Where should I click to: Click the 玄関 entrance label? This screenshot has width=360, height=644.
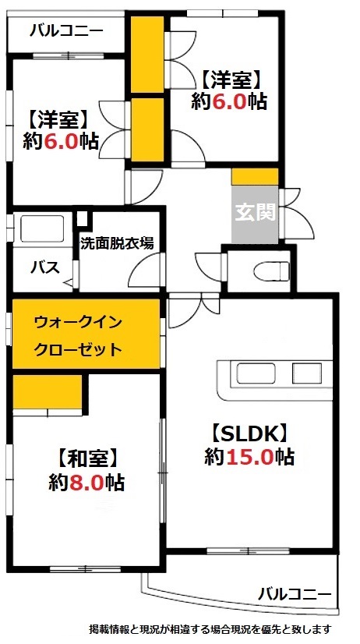coord(253,212)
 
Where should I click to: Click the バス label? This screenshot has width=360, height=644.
coord(44,267)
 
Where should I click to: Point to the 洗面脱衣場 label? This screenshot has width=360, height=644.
coord(117,242)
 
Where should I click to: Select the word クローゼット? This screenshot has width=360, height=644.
coord(78,349)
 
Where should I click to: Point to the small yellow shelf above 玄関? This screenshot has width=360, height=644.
coord(255,175)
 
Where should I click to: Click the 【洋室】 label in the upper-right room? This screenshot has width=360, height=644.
coord(230,79)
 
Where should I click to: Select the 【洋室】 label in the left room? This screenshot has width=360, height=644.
coord(58,119)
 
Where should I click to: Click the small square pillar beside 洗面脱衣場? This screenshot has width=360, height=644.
coord(83,218)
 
